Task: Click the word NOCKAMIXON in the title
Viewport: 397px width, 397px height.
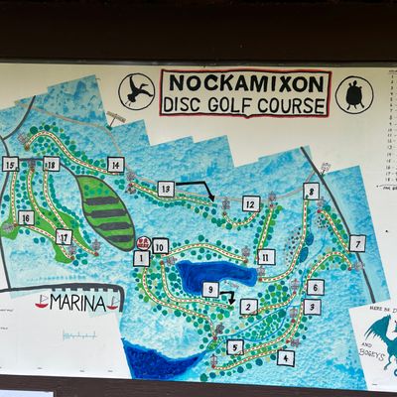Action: (x=243, y=82)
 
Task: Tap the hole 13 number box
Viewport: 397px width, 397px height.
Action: (x=166, y=188)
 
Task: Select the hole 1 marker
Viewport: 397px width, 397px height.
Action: (x=141, y=258)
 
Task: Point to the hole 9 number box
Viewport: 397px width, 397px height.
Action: (x=210, y=289)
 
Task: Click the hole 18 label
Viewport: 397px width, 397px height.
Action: (x=51, y=164)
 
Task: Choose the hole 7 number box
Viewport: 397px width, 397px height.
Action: (x=357, y=242)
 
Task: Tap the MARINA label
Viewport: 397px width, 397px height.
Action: (x=76, y=303)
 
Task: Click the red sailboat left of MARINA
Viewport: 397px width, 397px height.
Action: (x=42, y=302)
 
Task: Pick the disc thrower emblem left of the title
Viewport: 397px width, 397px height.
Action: (x=136, y=91)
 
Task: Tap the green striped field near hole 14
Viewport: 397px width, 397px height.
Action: (x=107, y=213)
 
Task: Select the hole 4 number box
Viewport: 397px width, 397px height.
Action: (x=286, y=357)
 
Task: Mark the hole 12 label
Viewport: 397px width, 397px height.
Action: (x=251, y=203)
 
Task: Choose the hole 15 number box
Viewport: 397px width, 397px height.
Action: (x=11, y=164)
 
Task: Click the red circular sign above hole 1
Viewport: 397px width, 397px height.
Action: (x=143, y=241)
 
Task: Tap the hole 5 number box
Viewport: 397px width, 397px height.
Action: (x=235, y=346)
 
